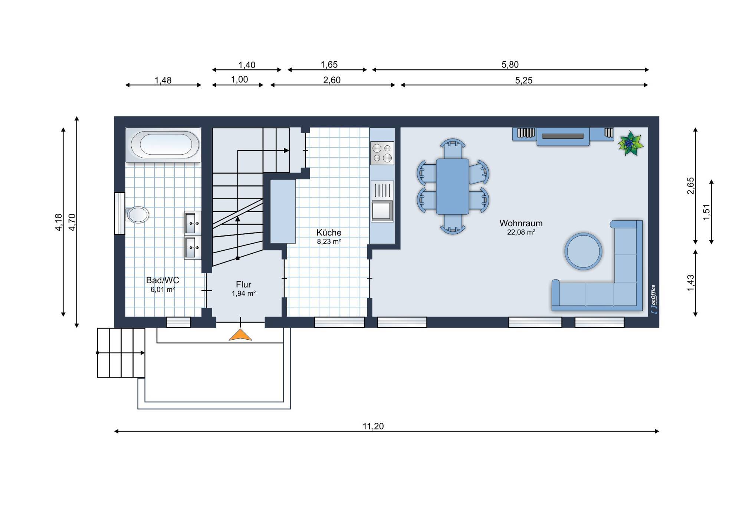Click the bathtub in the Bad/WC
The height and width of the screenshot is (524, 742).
point(163,145)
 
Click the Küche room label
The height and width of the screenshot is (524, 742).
point(329,233)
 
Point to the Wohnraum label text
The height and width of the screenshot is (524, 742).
point(521,223)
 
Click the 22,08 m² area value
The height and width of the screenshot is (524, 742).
point(521,233)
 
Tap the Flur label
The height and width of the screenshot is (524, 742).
point(243,284)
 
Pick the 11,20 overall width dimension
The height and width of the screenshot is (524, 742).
point(373,426)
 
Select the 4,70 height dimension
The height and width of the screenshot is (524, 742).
point(72,222)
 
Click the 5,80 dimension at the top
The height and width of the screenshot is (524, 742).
point(510,65)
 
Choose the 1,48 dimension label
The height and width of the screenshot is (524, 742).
point(163,80)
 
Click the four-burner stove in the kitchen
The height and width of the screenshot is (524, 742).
point(382,153)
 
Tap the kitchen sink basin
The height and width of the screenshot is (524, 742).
point(382,211)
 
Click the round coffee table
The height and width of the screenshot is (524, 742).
point(583,251)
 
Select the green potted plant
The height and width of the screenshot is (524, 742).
point(630,143)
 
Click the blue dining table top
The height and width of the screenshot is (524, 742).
point(453,187)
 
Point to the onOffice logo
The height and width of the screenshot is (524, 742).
point(654,300)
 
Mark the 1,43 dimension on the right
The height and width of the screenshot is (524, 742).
point(690,283)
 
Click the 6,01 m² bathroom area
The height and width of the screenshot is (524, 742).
point(162,290)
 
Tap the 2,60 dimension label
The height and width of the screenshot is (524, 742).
point(332,80)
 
